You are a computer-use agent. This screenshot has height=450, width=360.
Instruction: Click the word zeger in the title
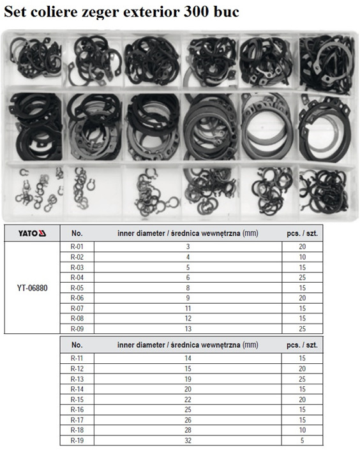tap(97, 13)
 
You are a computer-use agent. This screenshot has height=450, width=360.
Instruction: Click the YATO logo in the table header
tap(32, 234)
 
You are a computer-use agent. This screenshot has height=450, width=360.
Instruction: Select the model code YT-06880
tap(32, 288)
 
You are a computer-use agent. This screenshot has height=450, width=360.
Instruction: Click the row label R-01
tap(77, 246)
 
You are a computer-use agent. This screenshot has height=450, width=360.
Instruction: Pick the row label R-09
tap(77, 329)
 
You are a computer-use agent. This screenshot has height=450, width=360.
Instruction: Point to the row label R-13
tap(77, 379)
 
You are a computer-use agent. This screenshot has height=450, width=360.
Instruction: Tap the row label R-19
tap(77, 440)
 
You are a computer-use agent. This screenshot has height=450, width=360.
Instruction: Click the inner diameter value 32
tap(188, 440)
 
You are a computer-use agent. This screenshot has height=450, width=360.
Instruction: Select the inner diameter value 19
tap(188, 379)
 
